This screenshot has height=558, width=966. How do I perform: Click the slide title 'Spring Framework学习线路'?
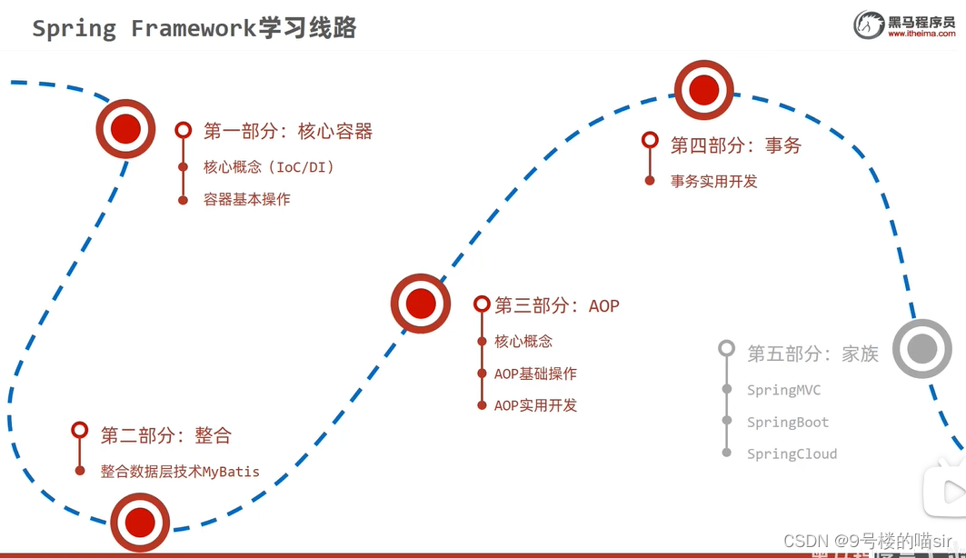coord(194,28)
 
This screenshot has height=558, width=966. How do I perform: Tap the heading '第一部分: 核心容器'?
coord(288,132)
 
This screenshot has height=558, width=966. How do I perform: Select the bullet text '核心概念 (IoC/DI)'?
coord(269,167)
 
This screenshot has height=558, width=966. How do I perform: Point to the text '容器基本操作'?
coord(247,199)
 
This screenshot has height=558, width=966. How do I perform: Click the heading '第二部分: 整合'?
coord(165,435)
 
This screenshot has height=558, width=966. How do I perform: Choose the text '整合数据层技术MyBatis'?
coord(180,472)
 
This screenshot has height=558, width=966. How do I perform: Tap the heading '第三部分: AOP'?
coord(556,306)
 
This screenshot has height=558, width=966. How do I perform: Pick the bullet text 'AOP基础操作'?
coord(535,374)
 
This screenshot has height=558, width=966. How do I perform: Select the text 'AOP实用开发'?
coord(535,405)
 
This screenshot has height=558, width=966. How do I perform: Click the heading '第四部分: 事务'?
coord(735,145)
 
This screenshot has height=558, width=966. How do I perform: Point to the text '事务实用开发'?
coord(713,181)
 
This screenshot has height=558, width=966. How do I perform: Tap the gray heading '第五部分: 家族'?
coord(812,354)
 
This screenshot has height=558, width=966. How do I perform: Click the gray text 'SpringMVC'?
coord(783,390)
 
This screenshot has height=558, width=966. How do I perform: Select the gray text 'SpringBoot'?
coord(787,422)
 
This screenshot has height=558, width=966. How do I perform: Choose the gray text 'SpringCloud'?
coord(792,453)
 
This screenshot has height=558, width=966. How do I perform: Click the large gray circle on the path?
coord(922,348)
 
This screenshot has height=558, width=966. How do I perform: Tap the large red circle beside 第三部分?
coord(421,304)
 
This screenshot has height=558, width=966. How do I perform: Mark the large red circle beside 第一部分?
coord(125,128)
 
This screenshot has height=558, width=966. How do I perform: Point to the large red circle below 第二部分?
coord(140,522)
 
